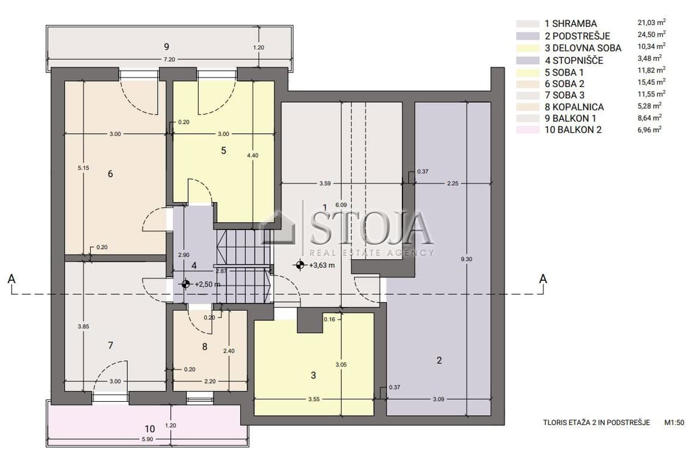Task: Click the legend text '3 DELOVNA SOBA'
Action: pos(583,48)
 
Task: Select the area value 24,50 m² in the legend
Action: pos(651,34)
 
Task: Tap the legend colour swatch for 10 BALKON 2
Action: pos(528,130)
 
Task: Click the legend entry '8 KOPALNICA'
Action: pos(574,107)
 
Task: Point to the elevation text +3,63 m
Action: pos(322,265)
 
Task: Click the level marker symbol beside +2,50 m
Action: pos(186,284)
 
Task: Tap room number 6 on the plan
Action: pos(110,174)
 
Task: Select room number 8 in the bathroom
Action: pos(205,346)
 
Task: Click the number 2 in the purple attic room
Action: pos(439,360)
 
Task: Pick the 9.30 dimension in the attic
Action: pos(466,259)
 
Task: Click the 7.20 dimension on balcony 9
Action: pos(169,59)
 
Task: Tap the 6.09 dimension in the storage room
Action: pos(341,205)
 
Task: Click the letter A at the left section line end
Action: pos(12,279)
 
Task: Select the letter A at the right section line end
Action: pos(543,279)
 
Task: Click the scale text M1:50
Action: pos(674,423)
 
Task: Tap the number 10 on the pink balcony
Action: pos(150,429)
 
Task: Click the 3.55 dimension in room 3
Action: pos(314,399)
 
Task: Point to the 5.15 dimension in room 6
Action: pos(83,168)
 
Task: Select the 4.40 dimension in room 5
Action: pos(253,155)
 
